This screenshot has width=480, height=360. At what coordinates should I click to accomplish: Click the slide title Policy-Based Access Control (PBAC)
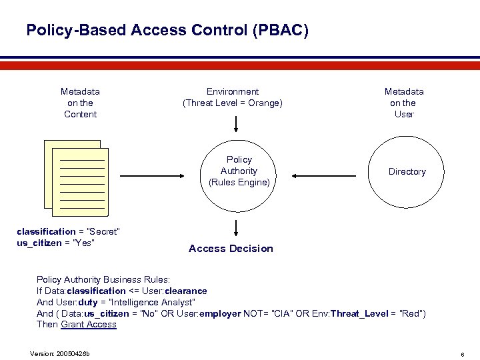(167, 30)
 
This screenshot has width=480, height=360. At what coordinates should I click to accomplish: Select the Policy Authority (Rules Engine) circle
(239, 171)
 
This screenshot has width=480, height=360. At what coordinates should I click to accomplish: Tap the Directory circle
(407, 171)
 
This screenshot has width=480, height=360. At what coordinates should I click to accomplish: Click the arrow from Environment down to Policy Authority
(235, 124)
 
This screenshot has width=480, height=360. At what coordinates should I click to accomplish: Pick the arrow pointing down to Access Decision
(235, 227)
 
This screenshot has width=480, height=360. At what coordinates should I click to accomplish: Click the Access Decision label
(231, 249)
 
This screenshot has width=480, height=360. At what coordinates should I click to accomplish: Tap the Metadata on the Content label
(80, 103)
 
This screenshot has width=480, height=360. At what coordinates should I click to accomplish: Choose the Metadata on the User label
(403, 103)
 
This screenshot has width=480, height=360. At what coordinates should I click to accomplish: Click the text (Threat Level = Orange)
(233, 103)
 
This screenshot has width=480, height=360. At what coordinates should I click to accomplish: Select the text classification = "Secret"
(68, 231)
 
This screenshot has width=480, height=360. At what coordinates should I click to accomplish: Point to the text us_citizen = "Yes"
(55, 242)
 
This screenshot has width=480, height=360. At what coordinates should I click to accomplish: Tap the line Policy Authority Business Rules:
(103, 280)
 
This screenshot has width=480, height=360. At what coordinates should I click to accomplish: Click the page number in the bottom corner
(463, 353)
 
